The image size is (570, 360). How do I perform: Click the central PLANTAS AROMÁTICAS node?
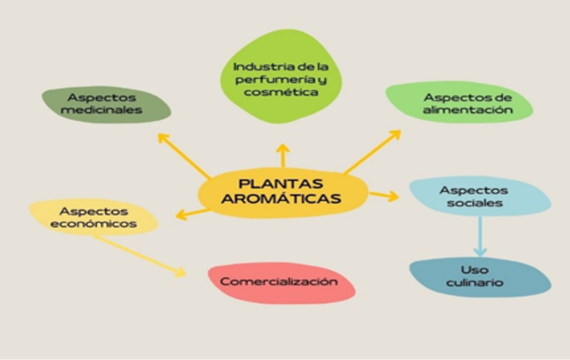tap(282, 192)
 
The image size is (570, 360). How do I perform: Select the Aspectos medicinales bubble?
tap(106, 104)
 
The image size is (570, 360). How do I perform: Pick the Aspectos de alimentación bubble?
tap(459, 103)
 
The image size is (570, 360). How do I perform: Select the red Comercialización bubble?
tap(281, 282)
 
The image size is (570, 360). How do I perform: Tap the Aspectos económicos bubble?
tap(94, 217)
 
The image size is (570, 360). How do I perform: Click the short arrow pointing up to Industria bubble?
tap(283, 156)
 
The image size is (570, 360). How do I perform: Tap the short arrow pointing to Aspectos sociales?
tap(384, 195)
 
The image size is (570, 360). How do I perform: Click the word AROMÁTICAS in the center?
tap(283, 199)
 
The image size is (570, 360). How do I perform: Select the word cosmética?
tap(281, 92)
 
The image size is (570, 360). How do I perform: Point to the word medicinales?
tap(101, 110)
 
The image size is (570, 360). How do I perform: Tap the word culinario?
tap(474, 283)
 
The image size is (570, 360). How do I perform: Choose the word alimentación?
tap(467, 110)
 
